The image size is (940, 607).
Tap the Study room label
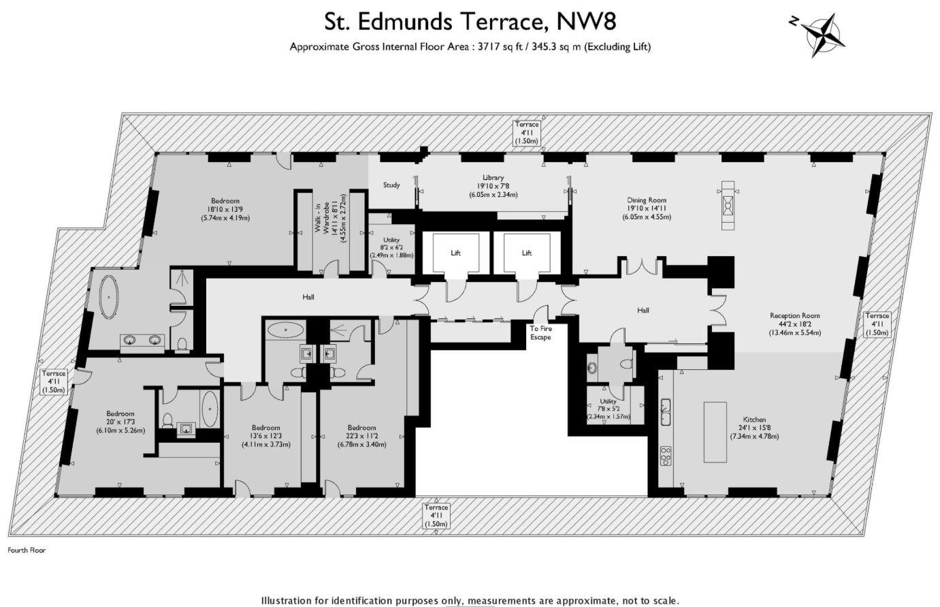click(391, 185)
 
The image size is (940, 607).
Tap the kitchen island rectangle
click(715, 432)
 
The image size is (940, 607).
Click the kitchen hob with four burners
click(666, 456)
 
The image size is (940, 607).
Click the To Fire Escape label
click(540, 332)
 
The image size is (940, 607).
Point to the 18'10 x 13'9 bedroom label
click(225, 209)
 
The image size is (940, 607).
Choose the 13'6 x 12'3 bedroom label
click(265, 436)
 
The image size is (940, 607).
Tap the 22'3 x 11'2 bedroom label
click(361, 436)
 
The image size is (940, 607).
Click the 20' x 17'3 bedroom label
click(120, 422)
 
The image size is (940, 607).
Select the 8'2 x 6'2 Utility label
click(391, 247)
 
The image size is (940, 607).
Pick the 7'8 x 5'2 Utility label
click(608, 409)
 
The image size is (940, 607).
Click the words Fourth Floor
click(27, 550)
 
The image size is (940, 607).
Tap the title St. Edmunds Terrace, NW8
click(470, 22)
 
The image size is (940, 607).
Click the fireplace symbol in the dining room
click(728, 206)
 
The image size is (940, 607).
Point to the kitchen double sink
click(665, 411)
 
